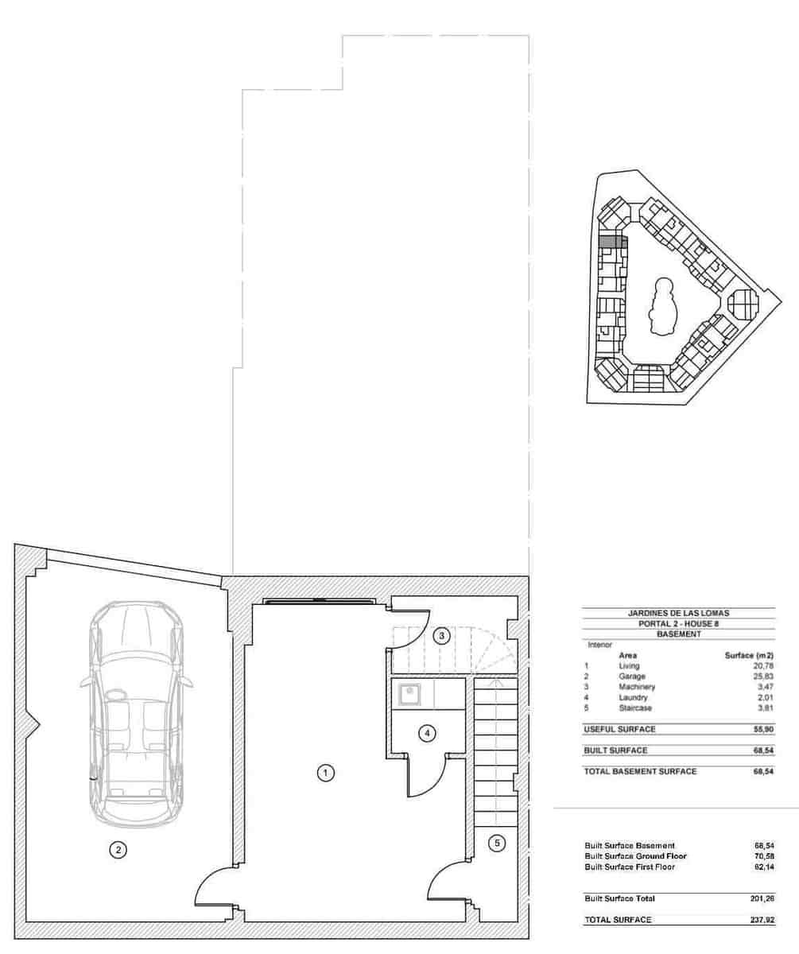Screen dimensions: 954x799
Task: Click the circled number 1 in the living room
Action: click(324, 772)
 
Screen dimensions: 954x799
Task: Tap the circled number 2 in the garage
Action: click(118, 850)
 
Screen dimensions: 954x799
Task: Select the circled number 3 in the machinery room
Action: click(440, 636)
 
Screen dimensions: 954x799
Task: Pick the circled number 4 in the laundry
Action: click(428, 733)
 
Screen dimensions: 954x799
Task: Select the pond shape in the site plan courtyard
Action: click(661, 306)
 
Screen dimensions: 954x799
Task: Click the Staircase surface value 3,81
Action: click(765, 708)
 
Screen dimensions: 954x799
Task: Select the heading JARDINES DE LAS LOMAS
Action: click(678, 613)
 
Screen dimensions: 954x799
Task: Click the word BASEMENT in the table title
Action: click(678, 634)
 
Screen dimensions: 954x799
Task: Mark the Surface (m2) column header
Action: click(750, 655)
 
